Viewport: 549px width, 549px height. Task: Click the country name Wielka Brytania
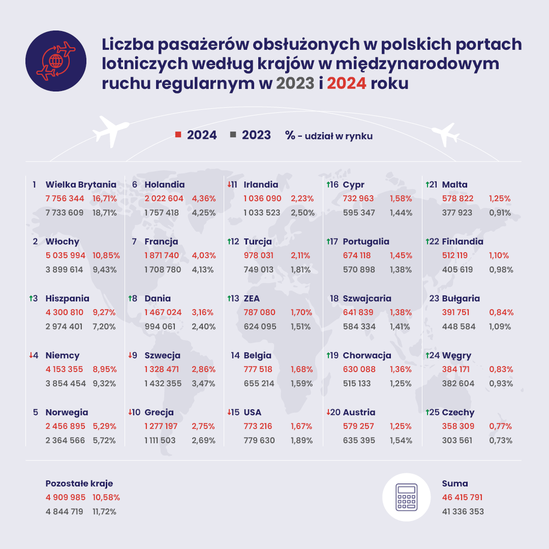81,185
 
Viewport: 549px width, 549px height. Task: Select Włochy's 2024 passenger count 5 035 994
65,255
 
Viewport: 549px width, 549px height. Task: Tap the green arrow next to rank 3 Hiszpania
31,298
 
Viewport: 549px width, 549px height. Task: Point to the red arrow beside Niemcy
31,355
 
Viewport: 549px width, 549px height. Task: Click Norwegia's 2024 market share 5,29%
105,426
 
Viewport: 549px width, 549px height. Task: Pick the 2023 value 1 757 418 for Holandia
162,212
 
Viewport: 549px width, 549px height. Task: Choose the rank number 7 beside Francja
134,241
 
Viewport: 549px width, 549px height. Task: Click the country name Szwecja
163,355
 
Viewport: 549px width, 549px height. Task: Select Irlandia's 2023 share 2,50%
302,212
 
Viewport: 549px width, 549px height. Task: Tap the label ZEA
253,298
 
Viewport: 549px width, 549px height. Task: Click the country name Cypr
354,185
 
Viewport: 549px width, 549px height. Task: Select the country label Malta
455,185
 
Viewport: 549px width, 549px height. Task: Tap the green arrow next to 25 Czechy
428,412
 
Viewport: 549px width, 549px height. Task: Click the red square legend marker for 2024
178,135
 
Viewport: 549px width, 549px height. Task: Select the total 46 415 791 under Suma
463,497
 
